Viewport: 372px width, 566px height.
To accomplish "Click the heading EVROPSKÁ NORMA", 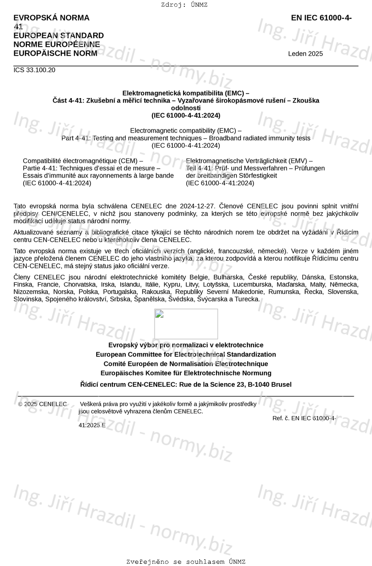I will point(51,18).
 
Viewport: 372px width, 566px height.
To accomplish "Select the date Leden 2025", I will point(305,54).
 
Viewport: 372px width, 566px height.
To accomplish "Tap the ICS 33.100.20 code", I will point(34,70).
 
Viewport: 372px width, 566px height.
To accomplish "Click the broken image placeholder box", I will point(186,324).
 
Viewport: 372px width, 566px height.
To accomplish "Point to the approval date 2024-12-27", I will point(198,206).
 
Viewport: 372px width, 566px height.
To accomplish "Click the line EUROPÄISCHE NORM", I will point(55,54).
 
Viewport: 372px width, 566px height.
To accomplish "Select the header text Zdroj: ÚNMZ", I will point(184,5).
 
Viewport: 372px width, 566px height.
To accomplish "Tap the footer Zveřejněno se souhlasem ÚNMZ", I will point(186,562).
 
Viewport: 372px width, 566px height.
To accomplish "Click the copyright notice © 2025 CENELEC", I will point(42,404).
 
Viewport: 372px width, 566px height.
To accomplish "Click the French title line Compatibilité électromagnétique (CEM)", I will point(83,161).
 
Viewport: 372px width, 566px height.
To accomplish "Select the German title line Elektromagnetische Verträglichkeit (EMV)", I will point(249,161).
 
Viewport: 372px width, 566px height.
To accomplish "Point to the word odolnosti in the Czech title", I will point(186,108).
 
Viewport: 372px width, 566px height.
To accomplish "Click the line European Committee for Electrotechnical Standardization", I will point(186,355).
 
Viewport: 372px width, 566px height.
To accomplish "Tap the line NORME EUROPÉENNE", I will point(57,45).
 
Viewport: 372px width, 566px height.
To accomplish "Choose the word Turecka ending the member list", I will point(247,299).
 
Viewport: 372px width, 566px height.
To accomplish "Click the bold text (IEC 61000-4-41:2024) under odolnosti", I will point(186,116).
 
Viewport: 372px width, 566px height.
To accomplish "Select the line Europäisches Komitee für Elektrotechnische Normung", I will point(186,373).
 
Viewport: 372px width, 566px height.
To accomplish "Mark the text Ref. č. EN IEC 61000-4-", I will point(304,418).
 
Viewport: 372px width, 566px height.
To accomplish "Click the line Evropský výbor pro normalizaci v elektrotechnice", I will point(186,345).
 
